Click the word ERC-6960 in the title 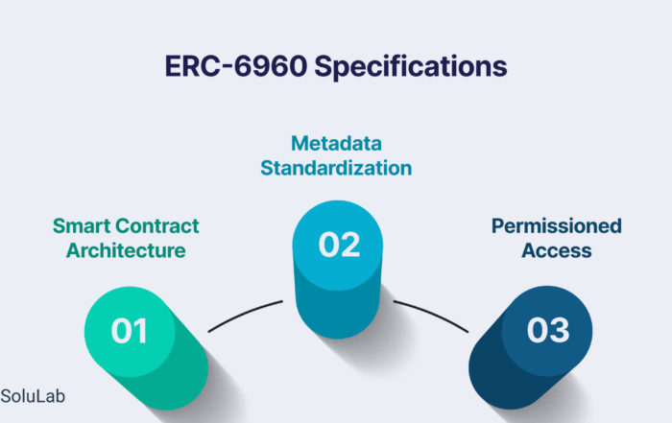pos(236,66)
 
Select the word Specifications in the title pos(411,67)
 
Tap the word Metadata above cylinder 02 pos(336,144)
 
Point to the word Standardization pos(336,168)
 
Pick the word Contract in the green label pos(157,226)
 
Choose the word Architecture pos(126,250)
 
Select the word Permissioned pos(557,226)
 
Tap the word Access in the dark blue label pos(557,250)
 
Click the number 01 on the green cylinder pos(129,331)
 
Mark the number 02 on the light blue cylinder pos(339,245)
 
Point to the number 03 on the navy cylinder pos(548,330)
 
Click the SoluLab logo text pos(33,396)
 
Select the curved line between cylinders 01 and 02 pos(244,314)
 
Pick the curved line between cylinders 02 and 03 pos(432,314)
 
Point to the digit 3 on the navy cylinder pos(559,330)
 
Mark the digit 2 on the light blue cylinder pos(350,245)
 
